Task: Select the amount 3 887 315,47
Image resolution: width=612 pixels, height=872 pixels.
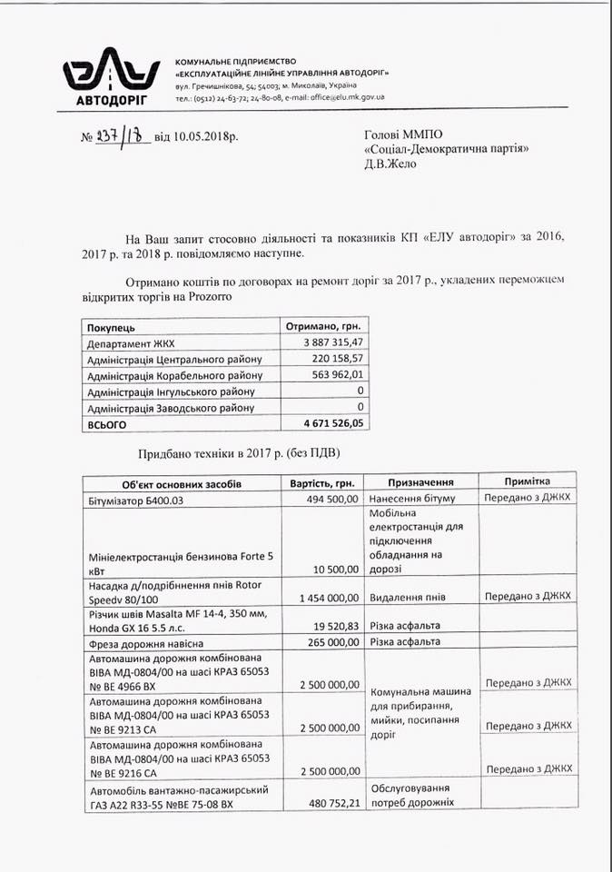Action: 328,342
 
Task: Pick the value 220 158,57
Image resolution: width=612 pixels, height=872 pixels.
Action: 337,359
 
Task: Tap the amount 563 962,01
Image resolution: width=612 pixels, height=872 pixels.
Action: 337,375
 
